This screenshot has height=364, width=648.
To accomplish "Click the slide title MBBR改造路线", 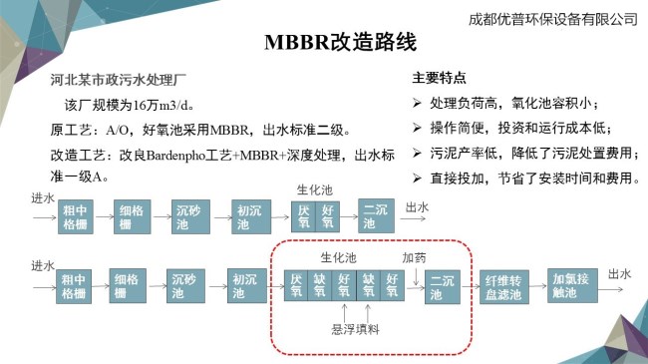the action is tap(340, 42).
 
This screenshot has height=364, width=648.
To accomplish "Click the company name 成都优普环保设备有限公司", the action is tap(553, 19).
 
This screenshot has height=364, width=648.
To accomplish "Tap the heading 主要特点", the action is tap(439, 78).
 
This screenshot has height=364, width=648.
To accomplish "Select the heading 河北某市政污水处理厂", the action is tap(119, 80).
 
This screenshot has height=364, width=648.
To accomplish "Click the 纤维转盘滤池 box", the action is tap(503, 287).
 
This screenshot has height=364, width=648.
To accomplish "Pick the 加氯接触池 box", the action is tap(572, 285).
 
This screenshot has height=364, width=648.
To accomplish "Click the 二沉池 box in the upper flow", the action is tap(376, 216).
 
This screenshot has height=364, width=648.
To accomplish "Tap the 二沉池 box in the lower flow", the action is tap(443, 287).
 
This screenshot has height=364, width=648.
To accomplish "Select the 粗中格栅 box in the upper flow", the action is tap(75, 216).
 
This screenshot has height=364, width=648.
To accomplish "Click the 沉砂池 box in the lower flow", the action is tap(185, 286).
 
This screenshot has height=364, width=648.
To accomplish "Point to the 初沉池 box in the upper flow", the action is tap(251, 216).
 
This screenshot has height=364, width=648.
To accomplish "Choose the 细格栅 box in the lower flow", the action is tap(128, 286).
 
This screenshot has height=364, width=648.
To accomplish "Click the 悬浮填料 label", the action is tap(356, 329).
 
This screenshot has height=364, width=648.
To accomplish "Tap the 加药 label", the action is tap(414, 257).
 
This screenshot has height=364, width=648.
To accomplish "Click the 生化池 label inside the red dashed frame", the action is tap(339, 257).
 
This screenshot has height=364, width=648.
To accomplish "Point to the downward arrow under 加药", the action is tap(416, 276).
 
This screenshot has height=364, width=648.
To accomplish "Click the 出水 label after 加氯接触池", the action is tap(619, 273).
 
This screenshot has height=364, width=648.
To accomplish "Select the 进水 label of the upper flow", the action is tap(43, 198).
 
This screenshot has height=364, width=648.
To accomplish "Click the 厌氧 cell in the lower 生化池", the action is tap(296, 285).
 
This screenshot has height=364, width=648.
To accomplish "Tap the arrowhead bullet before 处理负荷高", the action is tap(417, 103).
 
